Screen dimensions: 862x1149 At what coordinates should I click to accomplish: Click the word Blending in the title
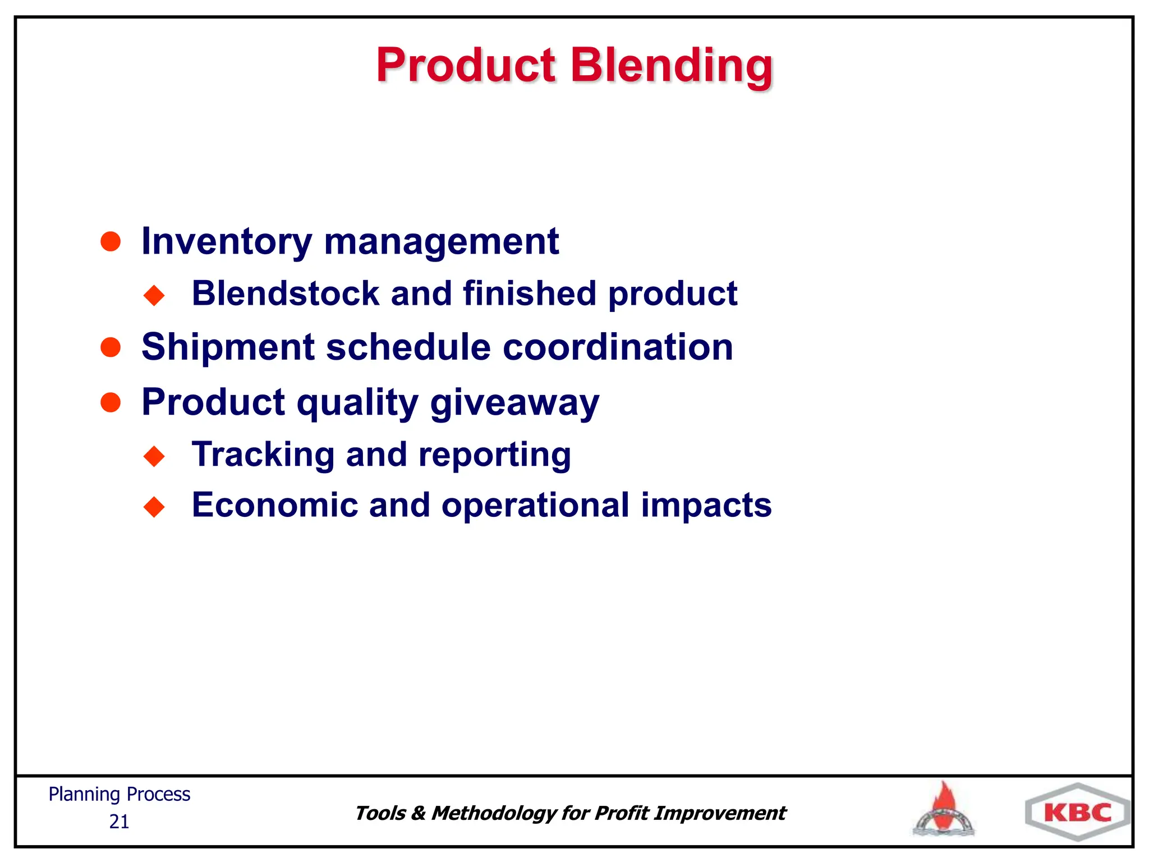(x=671, y=66)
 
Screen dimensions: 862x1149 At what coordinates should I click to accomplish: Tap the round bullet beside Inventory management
(x=111, y=242)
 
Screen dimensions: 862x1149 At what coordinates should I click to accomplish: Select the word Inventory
(x=227, y=242)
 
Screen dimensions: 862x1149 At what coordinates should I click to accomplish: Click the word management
(x=442, y=242)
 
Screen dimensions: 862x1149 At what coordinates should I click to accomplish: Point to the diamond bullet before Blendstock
(x=154, y=295)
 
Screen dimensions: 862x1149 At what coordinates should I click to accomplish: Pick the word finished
(x=530, y=294)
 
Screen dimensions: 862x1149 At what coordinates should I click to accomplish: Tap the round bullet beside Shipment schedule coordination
(x=111, y=347)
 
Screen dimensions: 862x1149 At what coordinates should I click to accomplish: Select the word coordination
(x=618, y=347)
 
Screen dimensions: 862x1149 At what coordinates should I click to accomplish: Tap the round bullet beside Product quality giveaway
(x=111, y=402)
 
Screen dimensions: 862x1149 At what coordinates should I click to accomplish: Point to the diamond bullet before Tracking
(x=154, y=456)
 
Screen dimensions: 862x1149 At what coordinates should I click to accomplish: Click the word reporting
(x=495, y=455)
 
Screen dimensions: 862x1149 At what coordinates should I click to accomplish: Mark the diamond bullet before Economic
(x=154, y=507)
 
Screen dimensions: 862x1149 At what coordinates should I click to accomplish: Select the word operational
(x=535, y=506)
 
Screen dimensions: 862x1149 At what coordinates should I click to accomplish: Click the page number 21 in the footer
(x=119, y=822)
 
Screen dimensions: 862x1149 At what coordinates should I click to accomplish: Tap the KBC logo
(x=1077, y=813)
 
